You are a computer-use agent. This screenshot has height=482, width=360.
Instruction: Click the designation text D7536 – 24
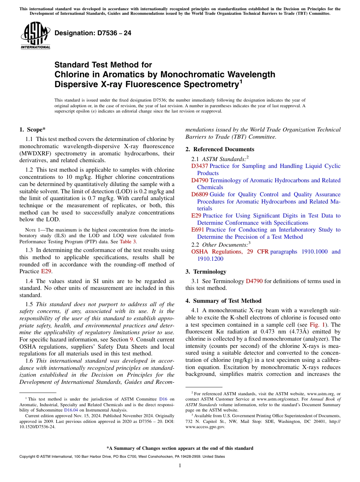[93, 33]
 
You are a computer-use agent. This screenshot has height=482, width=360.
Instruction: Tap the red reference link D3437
[199, 166]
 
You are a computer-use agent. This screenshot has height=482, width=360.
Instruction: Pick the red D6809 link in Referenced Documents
[200, 194]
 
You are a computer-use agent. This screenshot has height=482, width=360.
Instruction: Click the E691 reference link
[198, 230]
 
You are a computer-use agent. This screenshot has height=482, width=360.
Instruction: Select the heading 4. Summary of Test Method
[223, 301]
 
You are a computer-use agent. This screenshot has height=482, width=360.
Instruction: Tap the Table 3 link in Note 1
[128, 241]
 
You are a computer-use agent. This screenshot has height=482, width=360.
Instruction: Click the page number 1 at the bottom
[180, 465]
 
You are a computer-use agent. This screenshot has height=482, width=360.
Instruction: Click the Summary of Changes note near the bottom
[180, 448]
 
